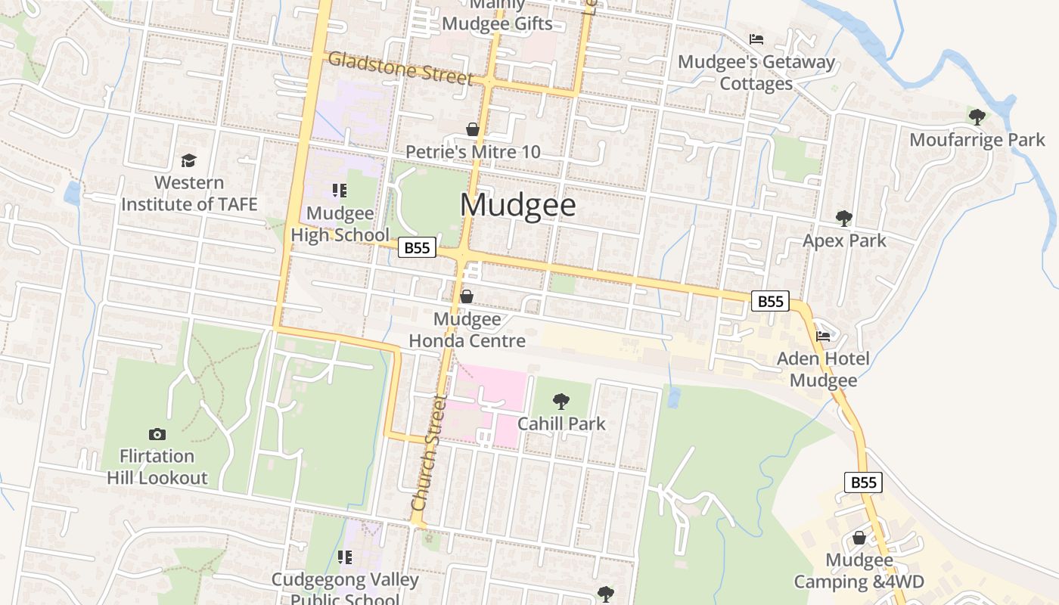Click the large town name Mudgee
point(518,206)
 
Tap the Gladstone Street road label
point(401,69)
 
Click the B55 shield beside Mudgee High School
point(418,247)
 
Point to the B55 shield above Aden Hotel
point(770,301)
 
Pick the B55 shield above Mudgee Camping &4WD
point(863,482)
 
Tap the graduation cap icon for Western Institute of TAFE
point(188,161)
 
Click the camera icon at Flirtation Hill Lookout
point(157,434)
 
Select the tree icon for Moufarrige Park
point(977,117)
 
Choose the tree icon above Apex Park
point(843,219)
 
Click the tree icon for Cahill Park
point(561,401)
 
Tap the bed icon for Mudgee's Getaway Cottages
point(756,39)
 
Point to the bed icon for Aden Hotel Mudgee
point(823,336)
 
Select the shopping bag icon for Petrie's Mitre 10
point(473,129)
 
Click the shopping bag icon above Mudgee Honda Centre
point(467,296)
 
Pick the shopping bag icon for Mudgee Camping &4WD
point(859,538)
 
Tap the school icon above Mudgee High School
point(340,191)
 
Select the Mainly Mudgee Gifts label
point(497,15)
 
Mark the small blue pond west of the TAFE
point(72,194)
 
